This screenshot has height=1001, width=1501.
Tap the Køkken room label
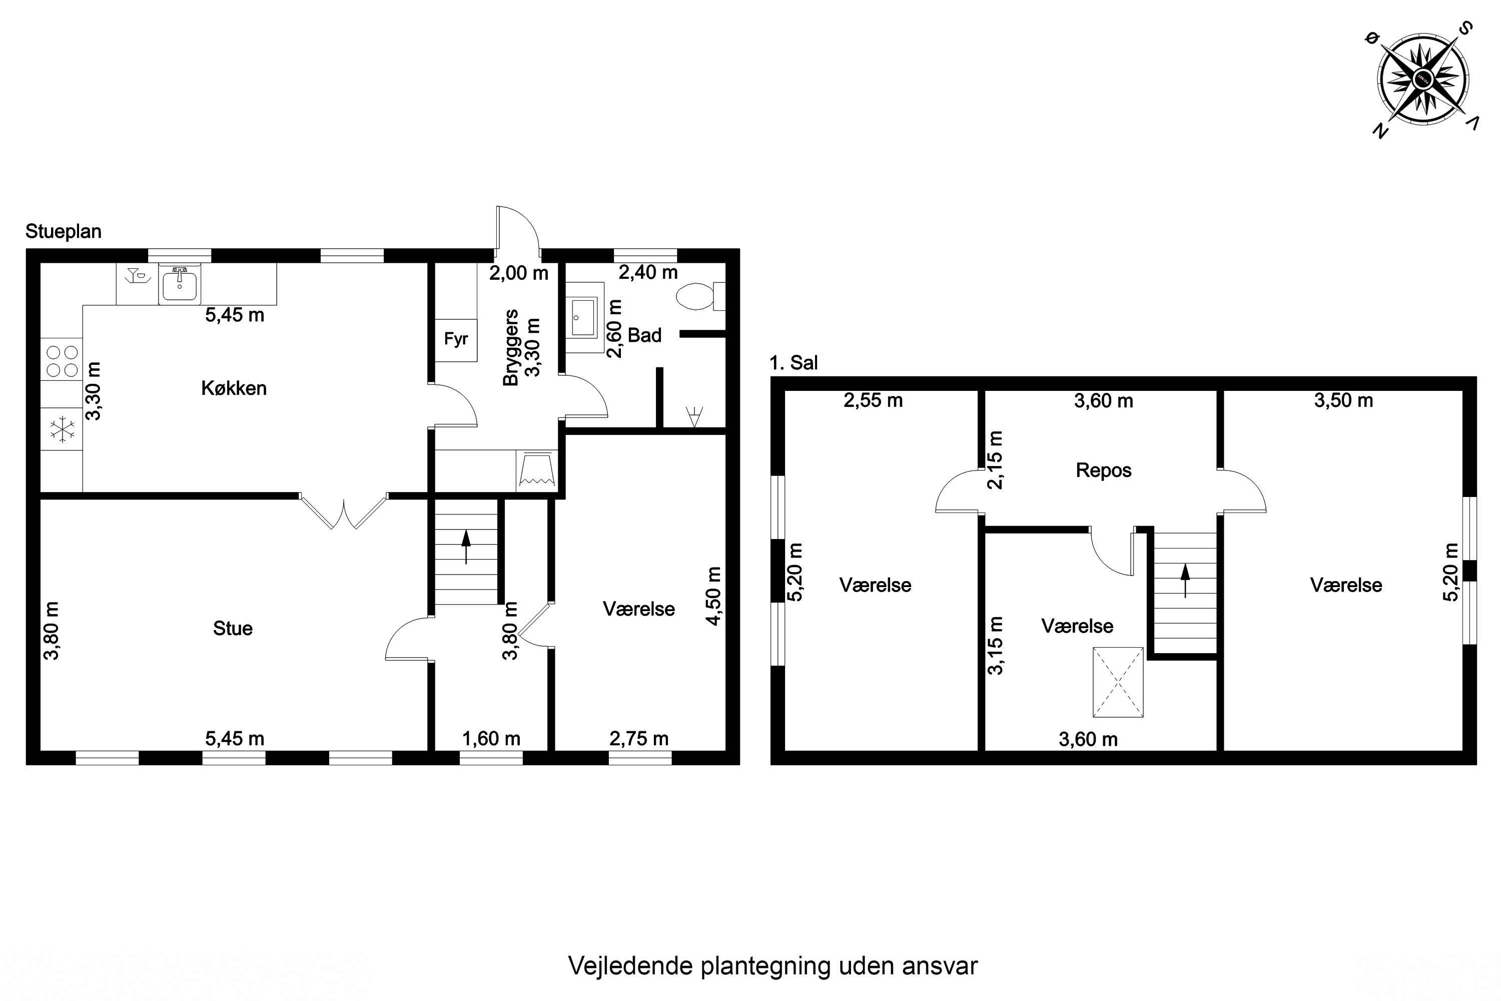234,388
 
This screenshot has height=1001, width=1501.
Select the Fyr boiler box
456,340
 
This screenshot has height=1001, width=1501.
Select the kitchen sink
179,285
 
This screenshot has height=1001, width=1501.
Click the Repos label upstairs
1103,470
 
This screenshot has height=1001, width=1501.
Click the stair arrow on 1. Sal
1185,580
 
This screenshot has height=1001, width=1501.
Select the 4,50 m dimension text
714,596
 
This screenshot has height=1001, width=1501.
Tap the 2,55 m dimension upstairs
873,401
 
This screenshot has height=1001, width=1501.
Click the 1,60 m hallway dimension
491,739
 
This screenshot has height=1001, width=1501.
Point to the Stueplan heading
63,231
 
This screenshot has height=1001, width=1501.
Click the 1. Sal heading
793,362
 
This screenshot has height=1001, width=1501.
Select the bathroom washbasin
583,317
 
